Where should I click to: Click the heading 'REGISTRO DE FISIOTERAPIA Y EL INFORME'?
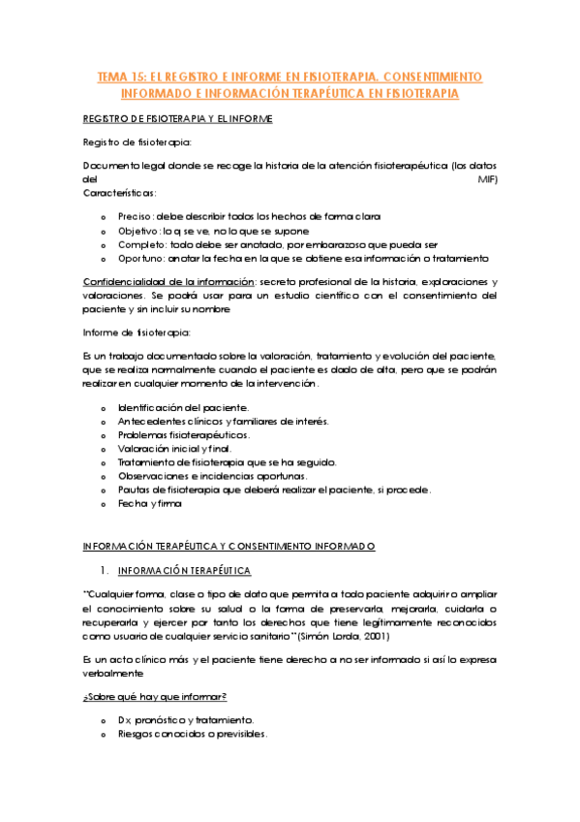click(178, 118)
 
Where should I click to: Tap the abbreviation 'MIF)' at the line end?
click(488, 179)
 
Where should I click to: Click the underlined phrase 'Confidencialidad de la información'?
click(167, 281)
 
